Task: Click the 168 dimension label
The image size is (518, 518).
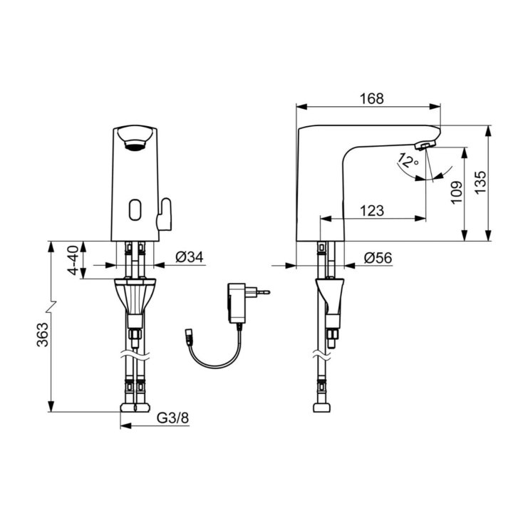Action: [x=372, y=98]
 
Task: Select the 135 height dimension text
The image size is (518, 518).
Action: [x=481, y=182]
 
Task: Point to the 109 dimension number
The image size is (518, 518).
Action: [x=457, y=192]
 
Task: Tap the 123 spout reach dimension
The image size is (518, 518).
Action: [x=372, y=210]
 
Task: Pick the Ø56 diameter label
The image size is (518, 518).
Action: [x=378, y=258]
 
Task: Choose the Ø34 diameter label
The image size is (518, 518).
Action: [x=190, y=257]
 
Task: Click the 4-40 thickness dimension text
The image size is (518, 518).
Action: [x=73, y=260]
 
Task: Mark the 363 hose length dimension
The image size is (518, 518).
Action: [x=43, y=335]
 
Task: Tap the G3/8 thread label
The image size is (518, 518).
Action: [x=172, y=418]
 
